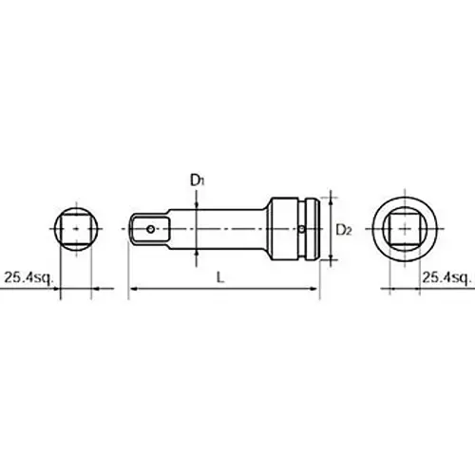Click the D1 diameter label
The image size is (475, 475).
(x=195, y=180)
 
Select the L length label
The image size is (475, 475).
(x=221, y=277)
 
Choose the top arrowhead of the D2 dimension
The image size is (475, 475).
(x=331, y=197)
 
